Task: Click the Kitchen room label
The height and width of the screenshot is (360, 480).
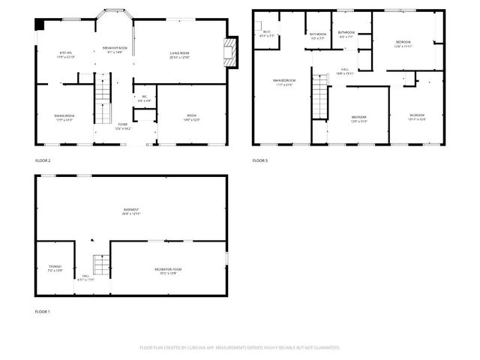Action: click(64, 53)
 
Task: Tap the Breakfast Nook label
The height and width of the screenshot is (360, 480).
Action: click(114, 49)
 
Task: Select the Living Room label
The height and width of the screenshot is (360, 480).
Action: click(178, 54)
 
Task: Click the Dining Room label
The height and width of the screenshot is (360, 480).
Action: click(64, 116)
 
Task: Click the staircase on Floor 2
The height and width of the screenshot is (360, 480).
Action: click(103, 97)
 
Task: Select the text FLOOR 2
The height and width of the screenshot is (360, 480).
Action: click(43, 160)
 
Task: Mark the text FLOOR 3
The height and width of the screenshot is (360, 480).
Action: click(259, 160)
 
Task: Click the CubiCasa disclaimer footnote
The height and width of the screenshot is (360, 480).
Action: click(240, 347)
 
